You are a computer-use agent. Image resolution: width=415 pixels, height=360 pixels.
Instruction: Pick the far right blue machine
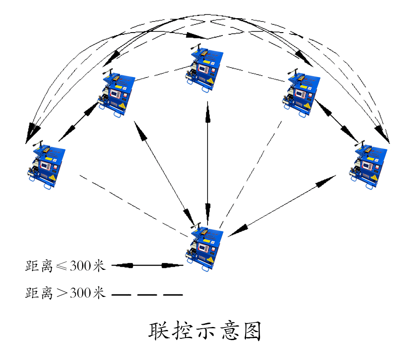coord(368,165)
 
